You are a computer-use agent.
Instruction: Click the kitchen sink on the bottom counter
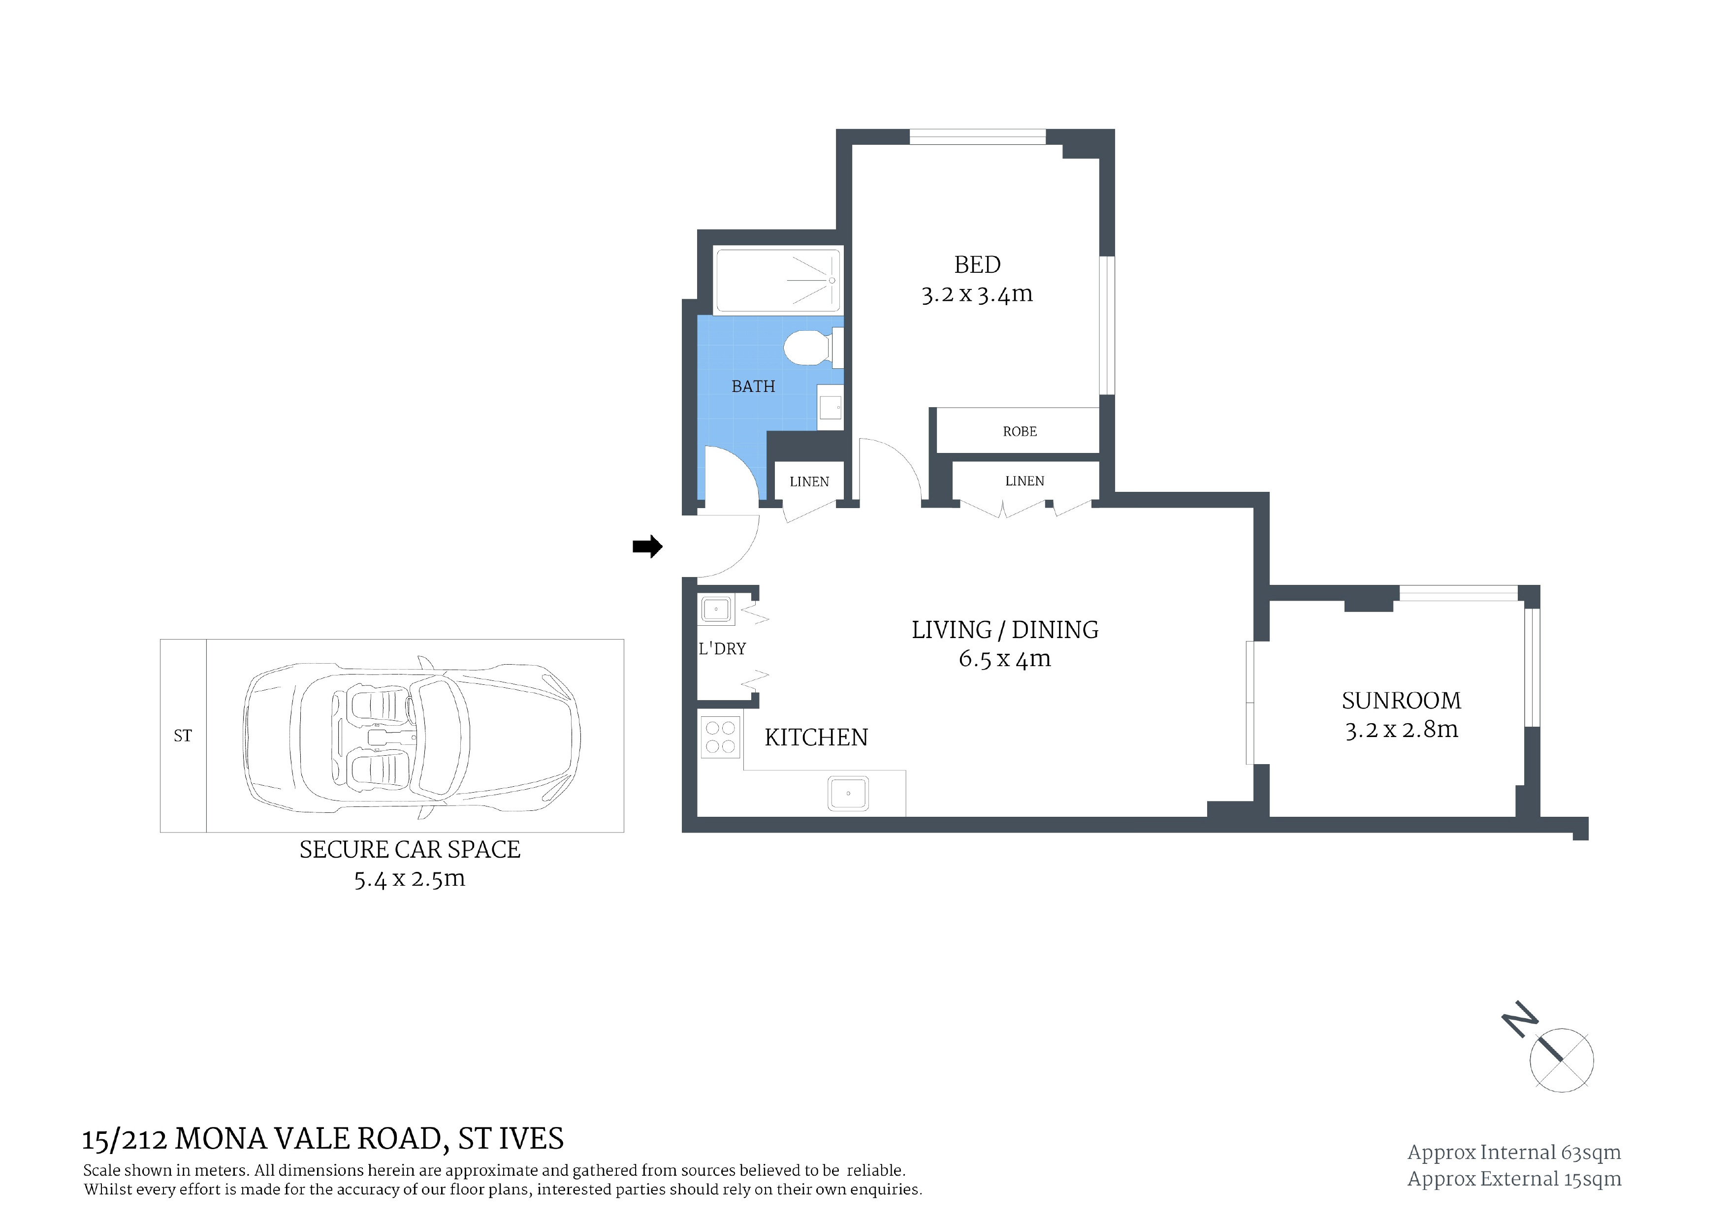tap(848, 793)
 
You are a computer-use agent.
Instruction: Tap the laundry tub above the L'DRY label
tap(716, 610)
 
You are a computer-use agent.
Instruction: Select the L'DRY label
tap(722, 648)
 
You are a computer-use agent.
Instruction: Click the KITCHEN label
tap(816, 737)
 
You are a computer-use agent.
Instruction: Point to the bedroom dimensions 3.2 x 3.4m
tap(977, 294)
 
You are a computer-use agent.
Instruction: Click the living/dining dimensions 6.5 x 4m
tap(1004, 659)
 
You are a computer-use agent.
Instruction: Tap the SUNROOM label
tap(1401, 701)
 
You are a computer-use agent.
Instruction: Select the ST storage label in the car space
tap(183, 736)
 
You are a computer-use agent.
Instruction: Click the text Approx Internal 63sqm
tap(1514, 1153)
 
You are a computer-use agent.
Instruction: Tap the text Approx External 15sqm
tap(1514, 1179)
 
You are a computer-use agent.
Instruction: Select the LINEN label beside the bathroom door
tap(809, 482)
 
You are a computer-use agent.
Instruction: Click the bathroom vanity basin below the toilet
tap(831, 407)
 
